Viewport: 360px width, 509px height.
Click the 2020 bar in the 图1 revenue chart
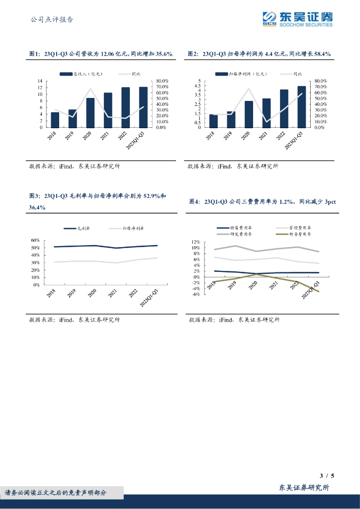(90, 113)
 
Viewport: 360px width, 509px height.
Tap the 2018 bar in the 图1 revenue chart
(55, 120)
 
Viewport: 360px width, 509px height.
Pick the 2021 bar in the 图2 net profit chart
(266, 113)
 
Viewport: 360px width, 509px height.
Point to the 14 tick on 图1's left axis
(40, 81)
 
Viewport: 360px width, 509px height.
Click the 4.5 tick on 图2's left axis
(197, 85)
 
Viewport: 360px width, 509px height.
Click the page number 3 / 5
(326, 476)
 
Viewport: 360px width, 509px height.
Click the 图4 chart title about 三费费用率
(263, 202)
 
